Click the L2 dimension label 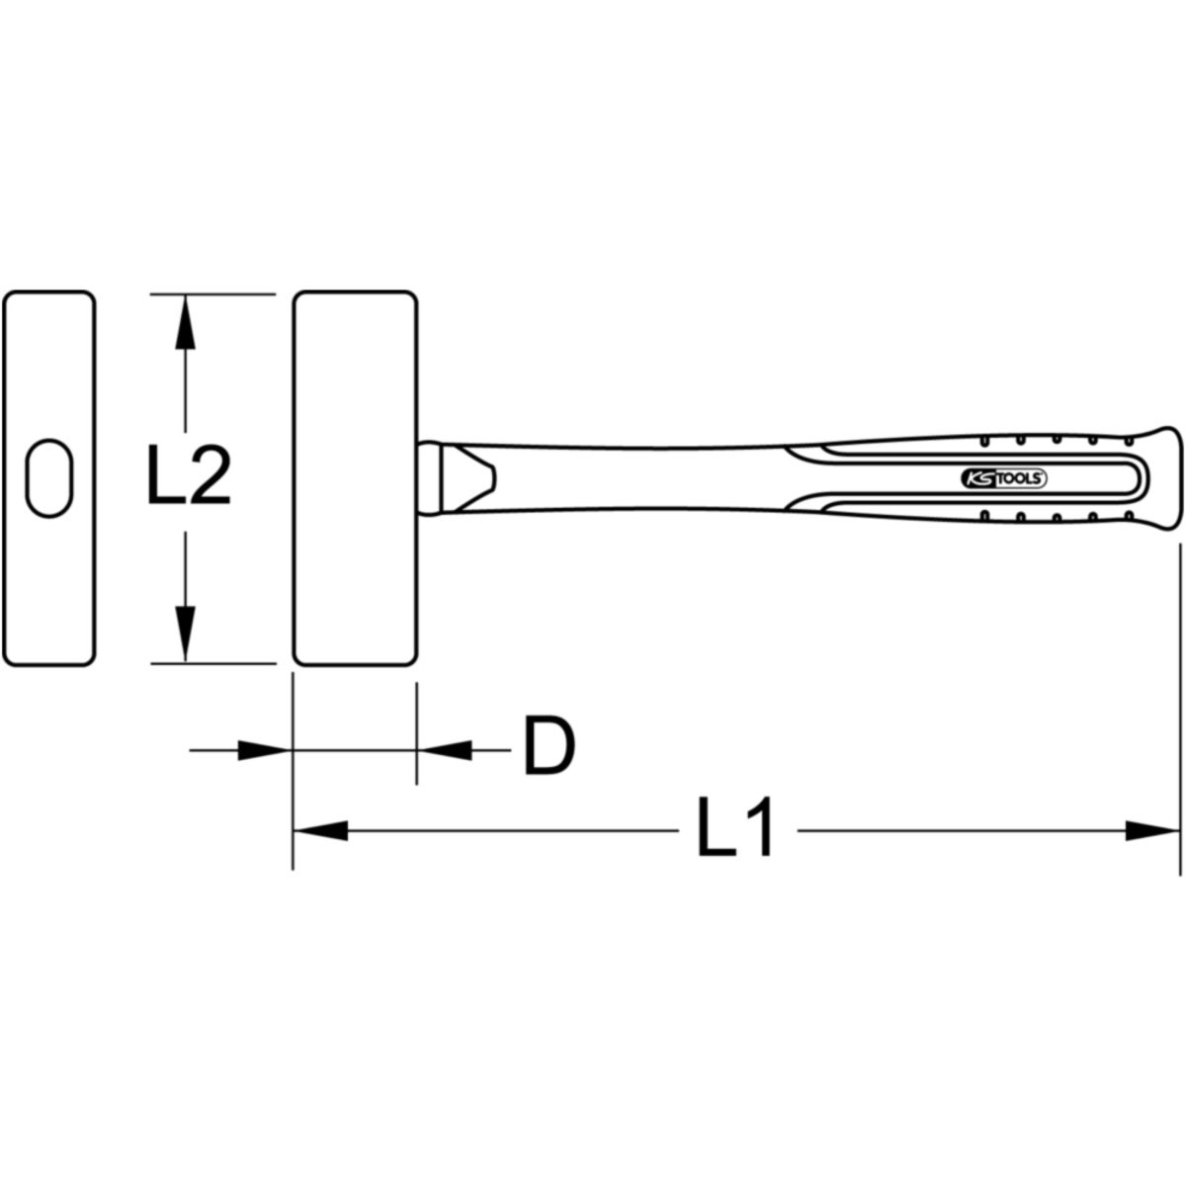point(189,475)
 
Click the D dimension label point(549,745)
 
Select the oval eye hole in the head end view point(49,478)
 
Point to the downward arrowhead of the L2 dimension point(185,634)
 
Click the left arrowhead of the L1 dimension point(321,830)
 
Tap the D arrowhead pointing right point(265,750)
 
